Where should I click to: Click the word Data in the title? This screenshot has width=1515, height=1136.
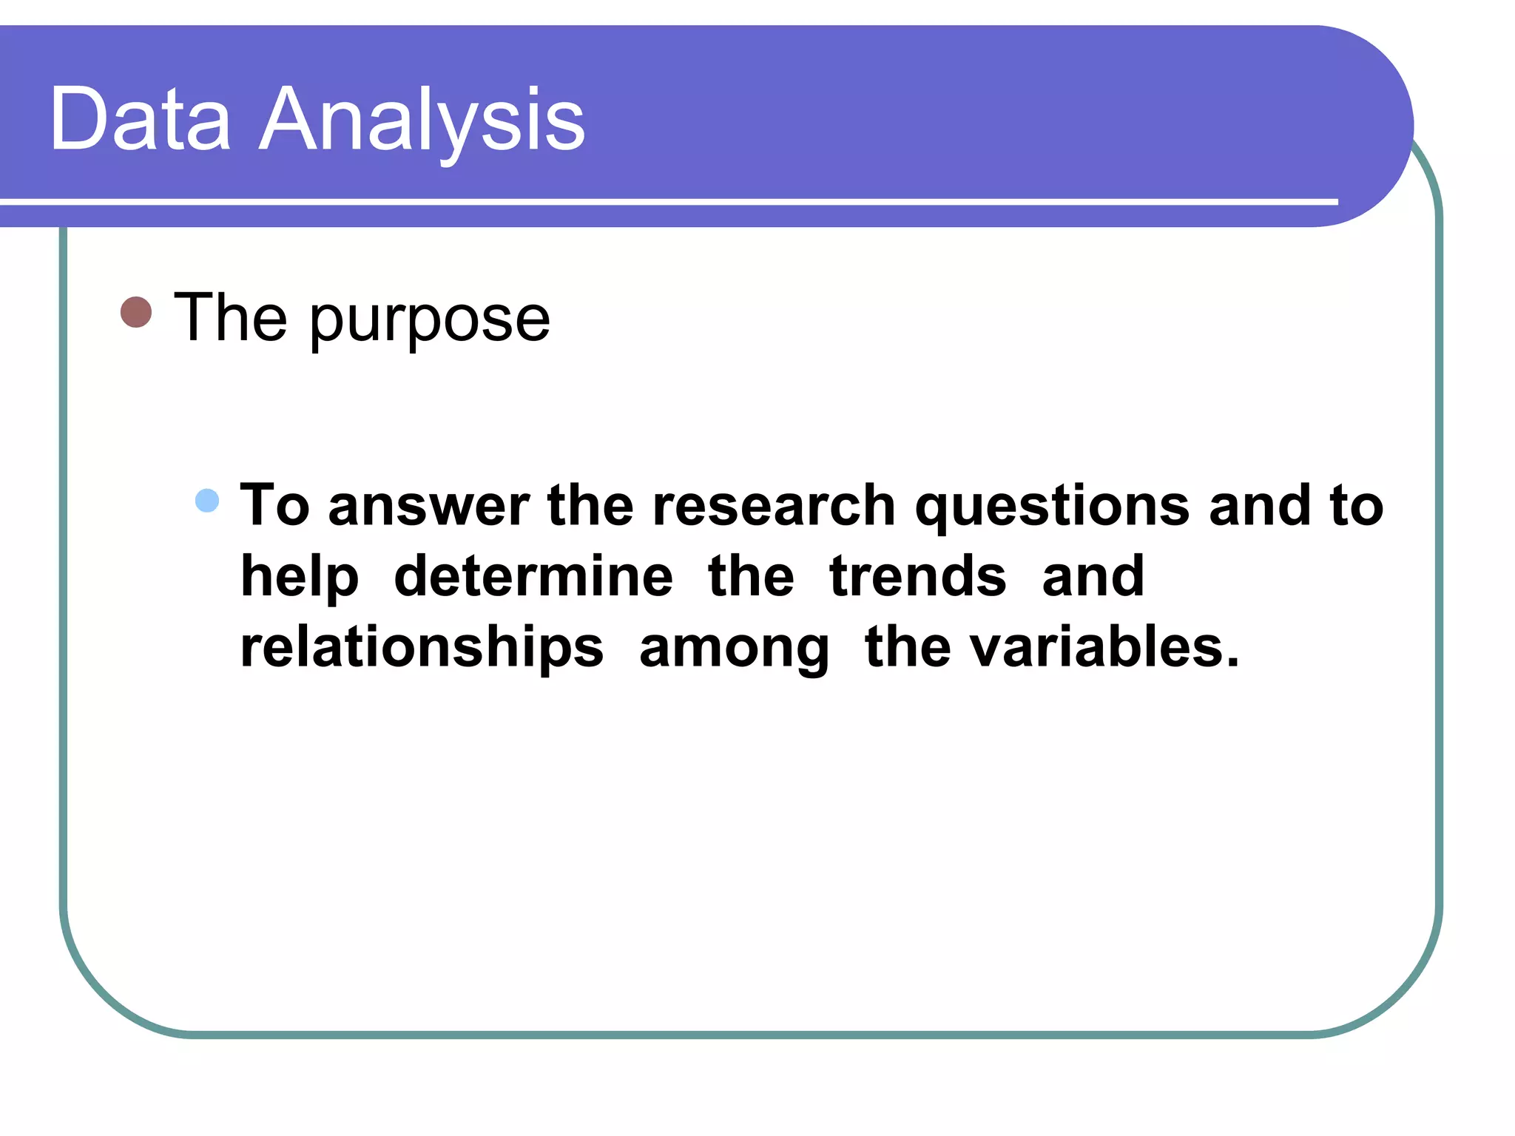click(141, 118)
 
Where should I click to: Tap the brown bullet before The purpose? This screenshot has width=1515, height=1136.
click(136, 312)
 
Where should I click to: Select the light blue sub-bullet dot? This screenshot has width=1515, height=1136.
click(207, 501)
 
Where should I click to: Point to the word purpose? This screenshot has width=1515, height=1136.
click(430, 320)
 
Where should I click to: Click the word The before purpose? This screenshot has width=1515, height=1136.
click(230, 317)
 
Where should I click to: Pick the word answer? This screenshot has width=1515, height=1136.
click(429, 507)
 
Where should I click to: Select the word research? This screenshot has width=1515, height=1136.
click(774, 507)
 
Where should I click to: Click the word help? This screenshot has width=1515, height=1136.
click(300, 578)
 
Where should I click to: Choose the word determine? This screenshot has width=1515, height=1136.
click(533, 576)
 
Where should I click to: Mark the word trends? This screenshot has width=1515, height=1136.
click(917, 576)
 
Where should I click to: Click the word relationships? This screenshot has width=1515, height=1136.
click(422, 648)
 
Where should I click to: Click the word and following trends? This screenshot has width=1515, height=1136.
click(1093, 576)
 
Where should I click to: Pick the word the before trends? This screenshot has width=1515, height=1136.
click(751, 576)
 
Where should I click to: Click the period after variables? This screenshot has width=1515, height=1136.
click(1232, 663)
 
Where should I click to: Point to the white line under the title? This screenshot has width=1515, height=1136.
click(666, 201)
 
